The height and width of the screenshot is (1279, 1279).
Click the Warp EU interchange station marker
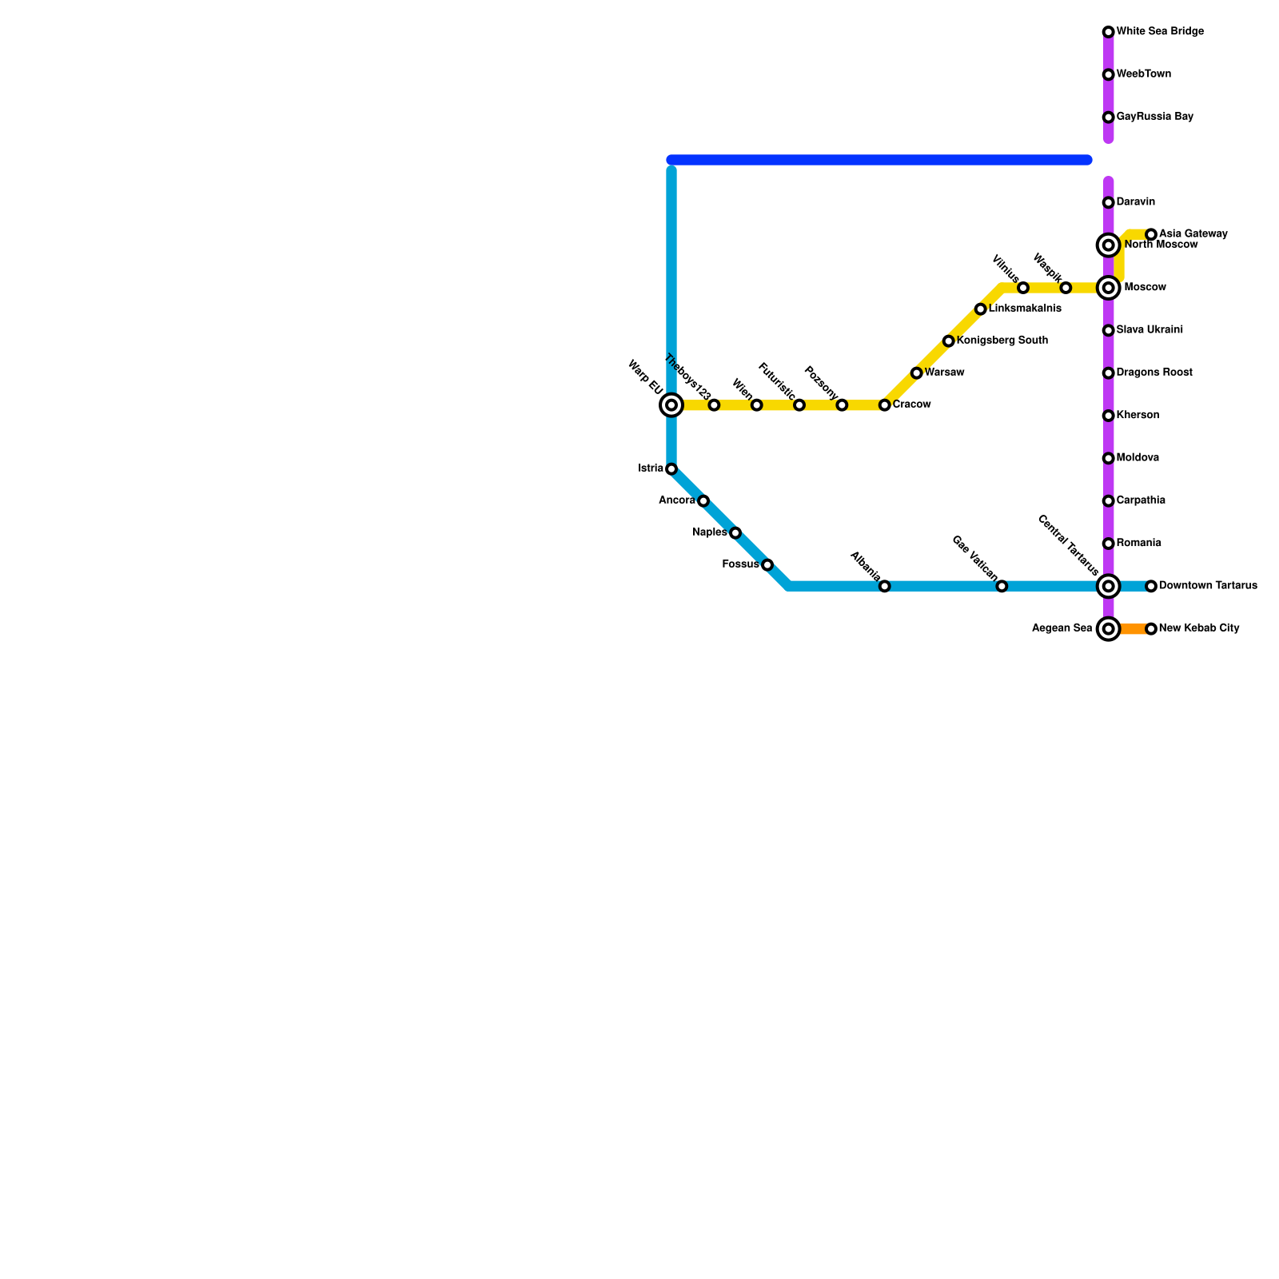coord(671,405)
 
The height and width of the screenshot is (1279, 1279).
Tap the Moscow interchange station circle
coord(1108,288)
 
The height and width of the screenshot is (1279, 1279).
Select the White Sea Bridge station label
coord(1160,32)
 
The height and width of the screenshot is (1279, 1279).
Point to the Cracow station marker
coord(884,405)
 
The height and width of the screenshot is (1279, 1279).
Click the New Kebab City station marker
coord(1151,629)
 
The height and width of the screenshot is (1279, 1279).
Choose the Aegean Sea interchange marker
coord(1108,629)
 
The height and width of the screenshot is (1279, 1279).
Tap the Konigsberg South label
coord(1002,341)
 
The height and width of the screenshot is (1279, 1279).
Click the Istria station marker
coord(671,469)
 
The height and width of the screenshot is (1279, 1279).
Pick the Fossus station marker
coord(767,565)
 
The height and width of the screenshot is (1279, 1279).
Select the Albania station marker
coord(884,587)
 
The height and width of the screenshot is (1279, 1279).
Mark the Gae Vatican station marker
coord(1002,587)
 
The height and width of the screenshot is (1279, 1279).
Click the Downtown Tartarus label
coord(1208,586)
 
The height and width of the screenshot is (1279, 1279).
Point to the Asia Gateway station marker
coord(1151,234)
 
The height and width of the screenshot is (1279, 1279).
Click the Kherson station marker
coord(1108,416)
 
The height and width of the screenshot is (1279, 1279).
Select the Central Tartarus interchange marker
coord(1108,587)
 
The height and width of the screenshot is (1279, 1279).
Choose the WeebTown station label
coord(1143,74)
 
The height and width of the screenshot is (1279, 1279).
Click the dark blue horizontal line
coord(879,160)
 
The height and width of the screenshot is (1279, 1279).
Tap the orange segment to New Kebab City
coord(1130,629)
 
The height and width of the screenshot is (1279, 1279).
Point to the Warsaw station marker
coord(916,373)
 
